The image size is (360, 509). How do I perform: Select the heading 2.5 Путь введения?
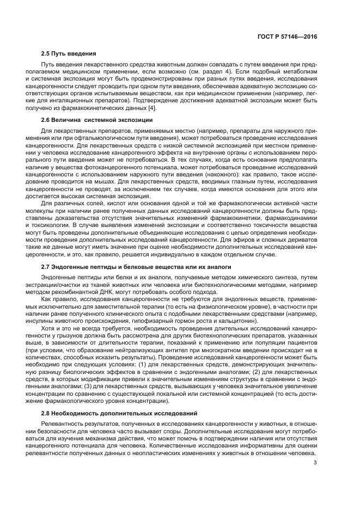[x=69, y=54]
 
